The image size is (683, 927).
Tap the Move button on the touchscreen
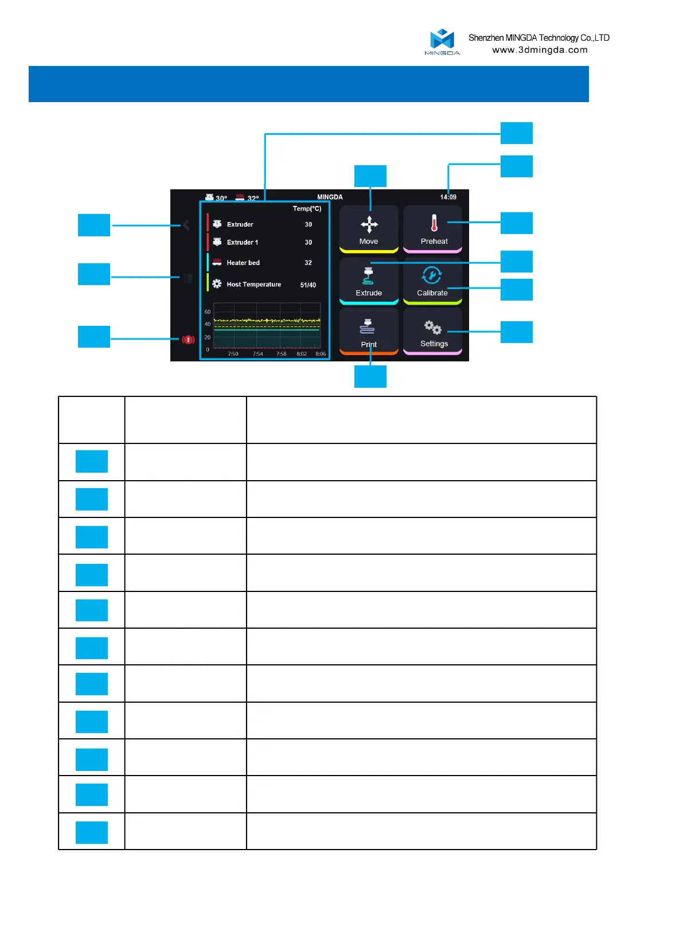click(369, 229)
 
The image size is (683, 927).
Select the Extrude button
click(369, 281)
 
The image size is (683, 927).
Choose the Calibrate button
click(432, 281)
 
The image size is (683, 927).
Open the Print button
click(369, 332)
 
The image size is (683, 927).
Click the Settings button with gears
click(433, 332)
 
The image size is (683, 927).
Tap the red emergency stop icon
click(188, 340)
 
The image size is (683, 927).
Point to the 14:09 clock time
click(448, 197)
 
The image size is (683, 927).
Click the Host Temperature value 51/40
click(308, 285)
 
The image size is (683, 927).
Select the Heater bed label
click(243, 263)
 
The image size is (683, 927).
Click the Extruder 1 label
click(242, 243)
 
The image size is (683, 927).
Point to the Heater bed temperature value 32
click(308, 263)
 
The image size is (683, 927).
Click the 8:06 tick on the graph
click(321, 354)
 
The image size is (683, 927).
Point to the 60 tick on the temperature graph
click(208, 312)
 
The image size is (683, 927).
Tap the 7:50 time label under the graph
click(233, 354)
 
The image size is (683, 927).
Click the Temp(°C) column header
click(307, 209)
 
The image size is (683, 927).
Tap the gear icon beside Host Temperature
click(217, 284)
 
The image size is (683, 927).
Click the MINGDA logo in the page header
click(442, 42)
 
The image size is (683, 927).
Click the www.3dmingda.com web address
click(540, 50)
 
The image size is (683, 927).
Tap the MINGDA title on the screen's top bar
click(330, 197)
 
